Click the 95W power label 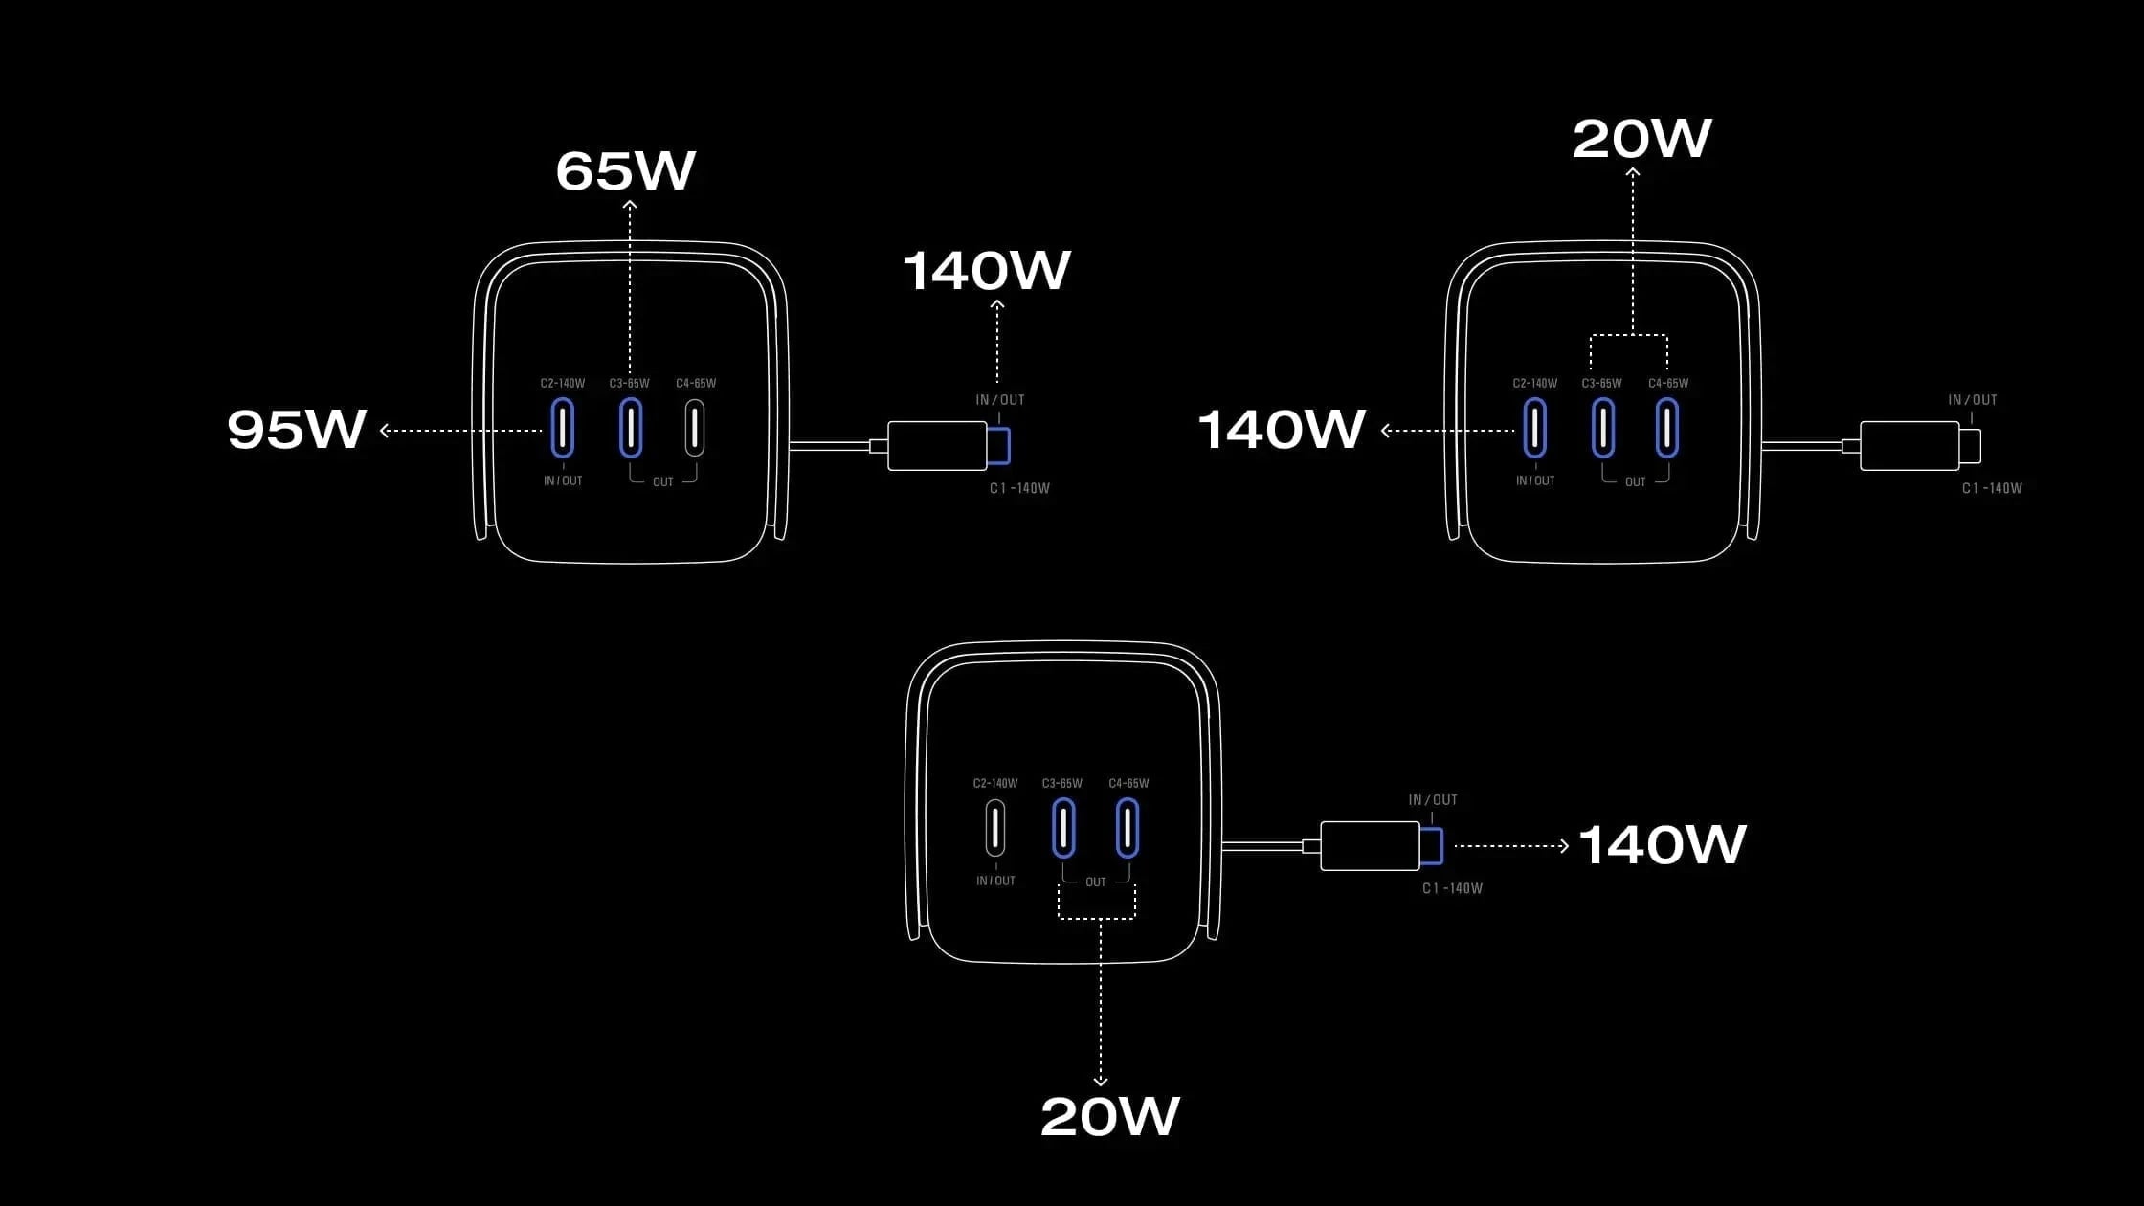[297, 429]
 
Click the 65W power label [626, 171]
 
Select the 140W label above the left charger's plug [987, 271]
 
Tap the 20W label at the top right [1642, 140]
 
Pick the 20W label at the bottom [1110, 1116]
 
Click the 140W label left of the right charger [1282, 430]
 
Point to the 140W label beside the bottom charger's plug [1663, 845]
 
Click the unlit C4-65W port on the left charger [695, 428]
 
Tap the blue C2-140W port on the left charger [563, 428]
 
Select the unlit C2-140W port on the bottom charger [995, 828]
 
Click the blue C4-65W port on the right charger [1667, 428]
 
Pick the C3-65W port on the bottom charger [1063, 828]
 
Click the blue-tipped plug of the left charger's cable [999, 446]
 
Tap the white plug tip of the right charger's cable [1970, 446]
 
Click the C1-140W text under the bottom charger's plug [1452, 888]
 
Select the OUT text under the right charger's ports [1635, 481]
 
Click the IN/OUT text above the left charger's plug [1000, 400]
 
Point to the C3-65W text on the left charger [629, 383]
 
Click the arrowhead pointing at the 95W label [384, 431]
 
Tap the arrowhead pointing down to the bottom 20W [1101, 1082]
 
